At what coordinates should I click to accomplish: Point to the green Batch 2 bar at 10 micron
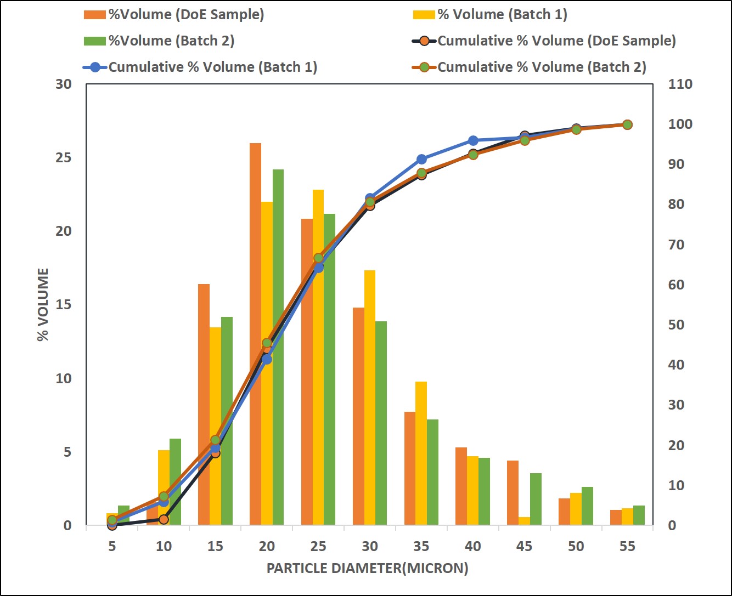pyautogui.click(x=175, y=482)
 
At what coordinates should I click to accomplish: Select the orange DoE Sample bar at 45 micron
pyautogui.click(x=513, y=493)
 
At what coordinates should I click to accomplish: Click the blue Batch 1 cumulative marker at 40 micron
pyautogui.click(x=473, y=141)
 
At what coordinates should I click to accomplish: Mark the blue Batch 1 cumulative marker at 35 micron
pyautogui.click(x=421, y=160)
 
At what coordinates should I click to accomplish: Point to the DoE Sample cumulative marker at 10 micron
pyautogui.click(x=164, y=519)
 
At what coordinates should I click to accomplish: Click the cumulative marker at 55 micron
pyautogui.click(x=627, y=125)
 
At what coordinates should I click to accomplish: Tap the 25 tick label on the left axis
pyautogui.click(x=64, y=158)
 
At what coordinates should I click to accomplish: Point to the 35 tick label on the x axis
pyautogui.click(x=421, y=546)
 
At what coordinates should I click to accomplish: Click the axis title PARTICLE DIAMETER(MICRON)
pyautogui.click(x=367, y=568)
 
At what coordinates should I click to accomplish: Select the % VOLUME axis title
pyautogui.click(x=43, y=304)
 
